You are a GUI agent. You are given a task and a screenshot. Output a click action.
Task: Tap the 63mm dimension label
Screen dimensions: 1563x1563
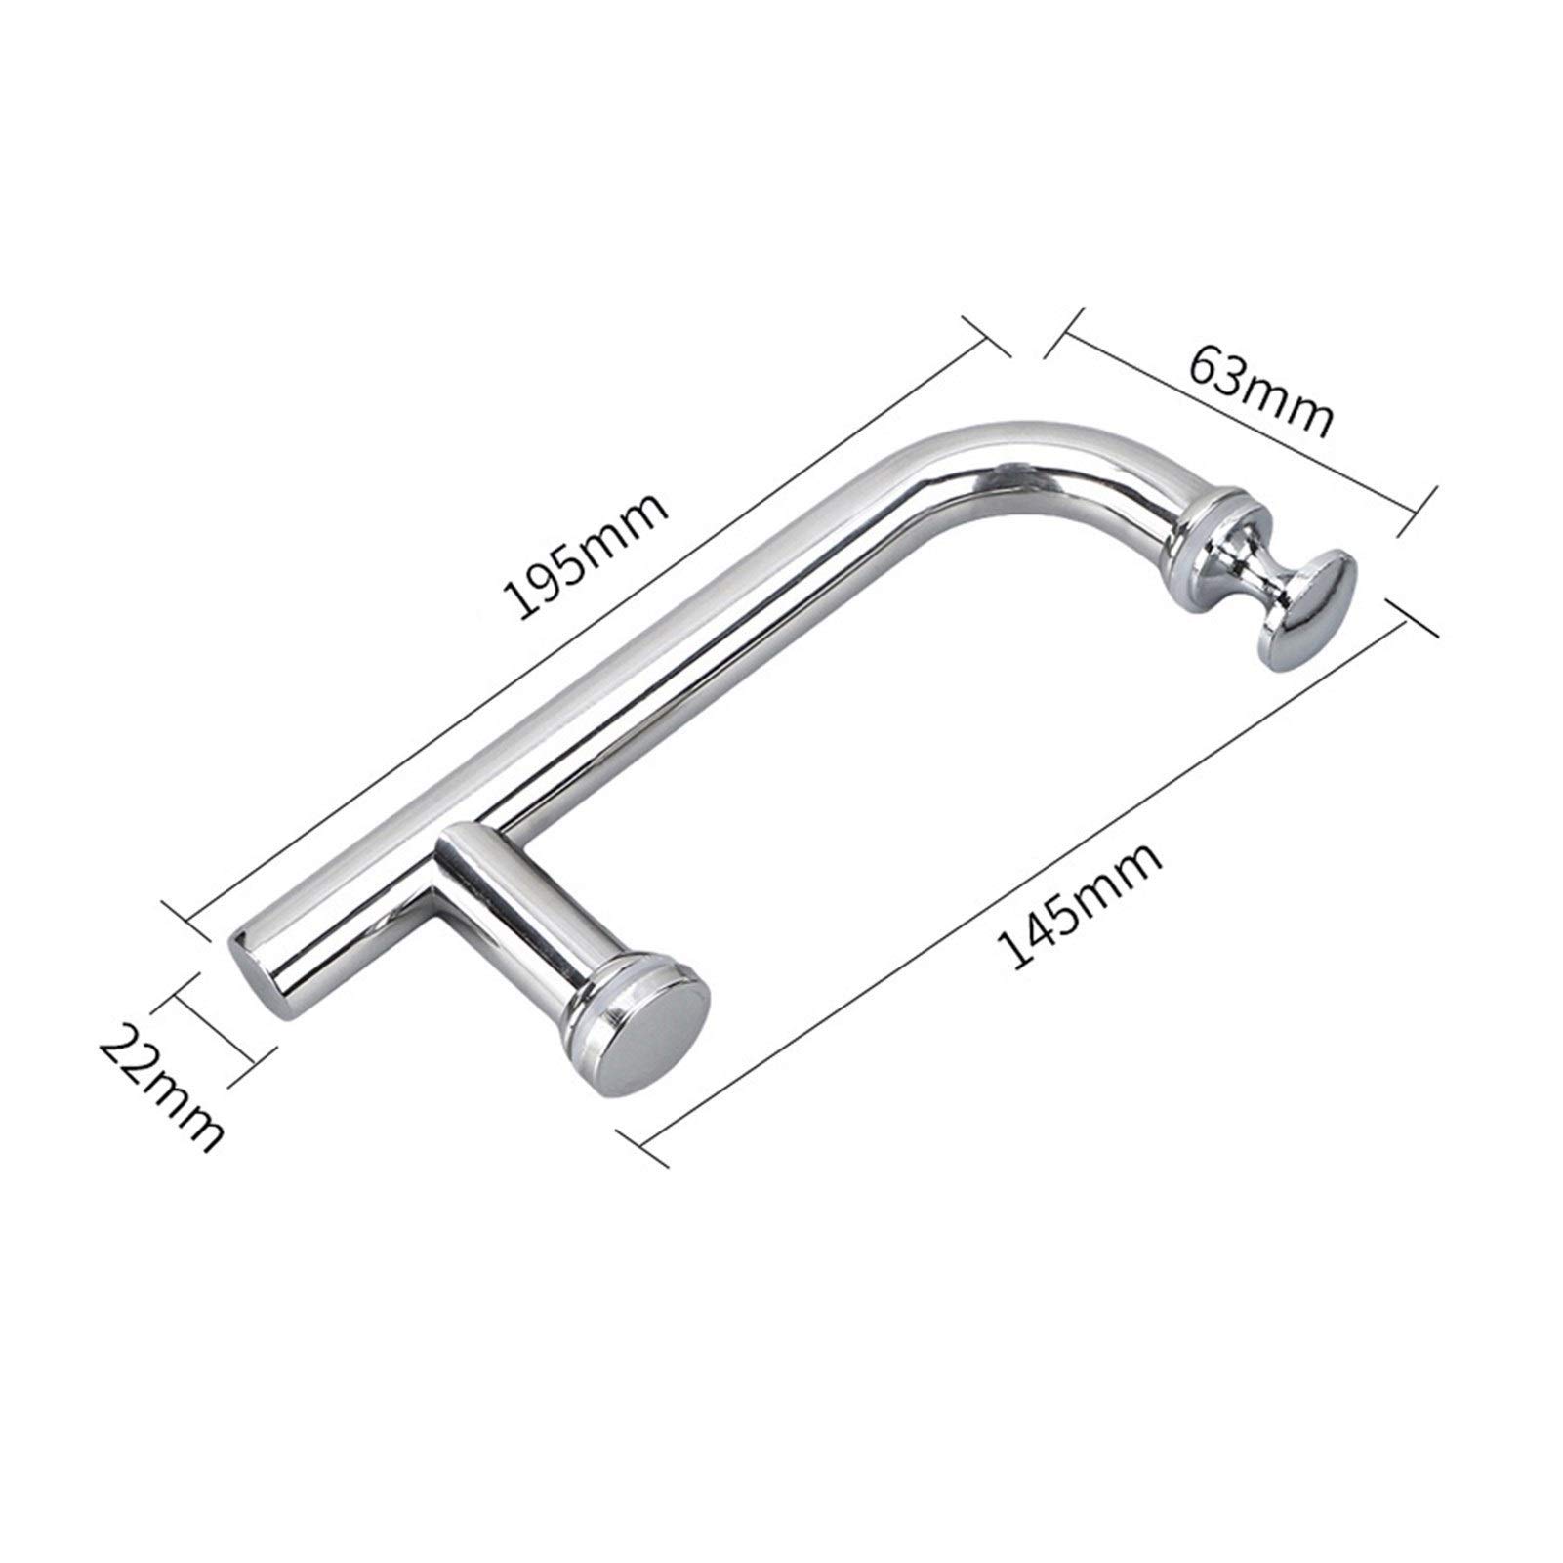[1259, 390]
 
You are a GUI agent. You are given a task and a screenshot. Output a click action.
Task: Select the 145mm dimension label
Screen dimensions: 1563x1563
[1079, 909]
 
